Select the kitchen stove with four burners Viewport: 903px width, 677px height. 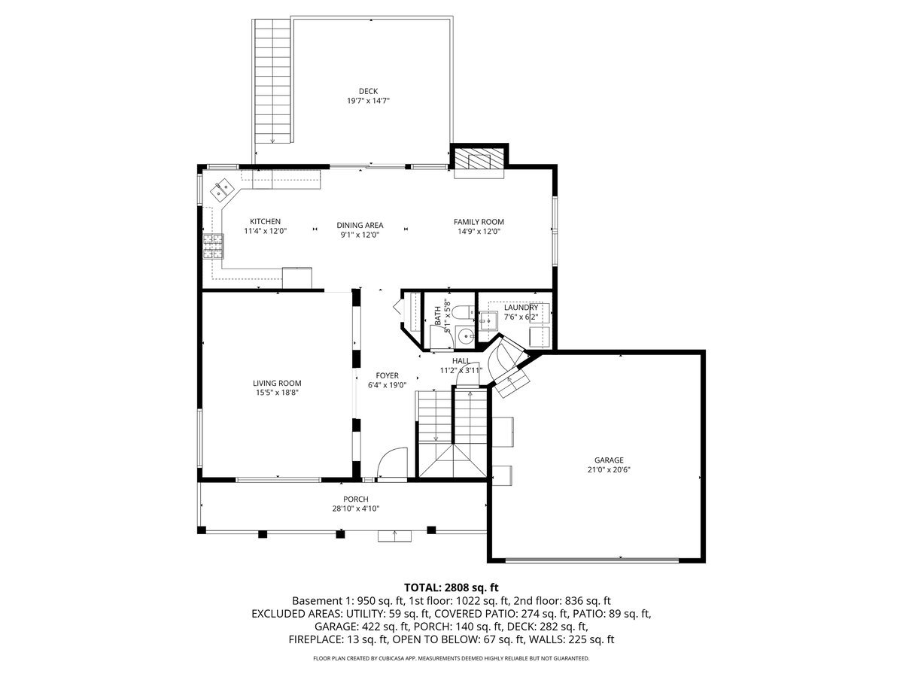(x=213, y=245)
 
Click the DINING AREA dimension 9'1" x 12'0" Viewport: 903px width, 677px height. (x=360, y=235)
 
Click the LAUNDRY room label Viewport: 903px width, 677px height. (x=521, y=308)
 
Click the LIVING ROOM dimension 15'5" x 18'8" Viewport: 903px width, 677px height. (x=277, y=393)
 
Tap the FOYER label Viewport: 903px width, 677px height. (x=387, y=375)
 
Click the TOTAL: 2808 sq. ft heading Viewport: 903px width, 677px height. (x=451, y=587)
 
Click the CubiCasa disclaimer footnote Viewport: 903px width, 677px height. (x=451, y=658)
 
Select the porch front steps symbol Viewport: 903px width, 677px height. (x=394, y=536)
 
